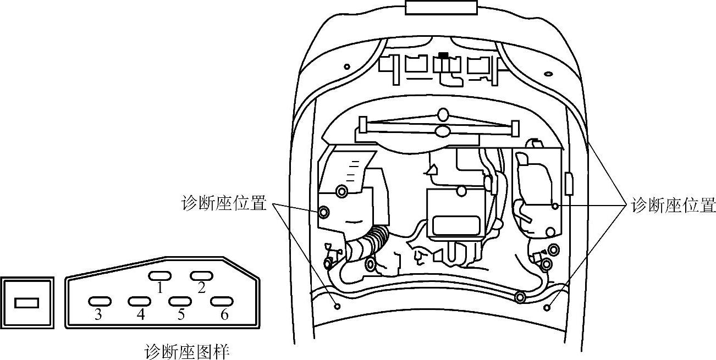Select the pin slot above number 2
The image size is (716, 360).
pos(201,275)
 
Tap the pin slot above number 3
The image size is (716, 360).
pos(100,301)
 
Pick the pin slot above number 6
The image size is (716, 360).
pos(222,301)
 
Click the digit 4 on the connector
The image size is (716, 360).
pos(140,315)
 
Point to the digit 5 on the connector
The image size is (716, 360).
pos(181,315)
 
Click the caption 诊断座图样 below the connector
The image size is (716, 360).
pos(187,351)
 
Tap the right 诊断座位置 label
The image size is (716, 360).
pos(673,206)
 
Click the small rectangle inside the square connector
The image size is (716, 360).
pos(26,303)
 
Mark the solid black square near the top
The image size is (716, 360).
pos(443,56)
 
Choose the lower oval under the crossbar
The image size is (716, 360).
pos(443,131)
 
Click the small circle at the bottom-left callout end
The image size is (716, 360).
pos(338,306)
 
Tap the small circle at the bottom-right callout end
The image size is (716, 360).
pos(547,308)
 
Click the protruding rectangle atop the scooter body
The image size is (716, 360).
pos(441,8)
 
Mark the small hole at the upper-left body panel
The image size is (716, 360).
pos(346,67)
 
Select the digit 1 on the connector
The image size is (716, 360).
pos(159,287)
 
